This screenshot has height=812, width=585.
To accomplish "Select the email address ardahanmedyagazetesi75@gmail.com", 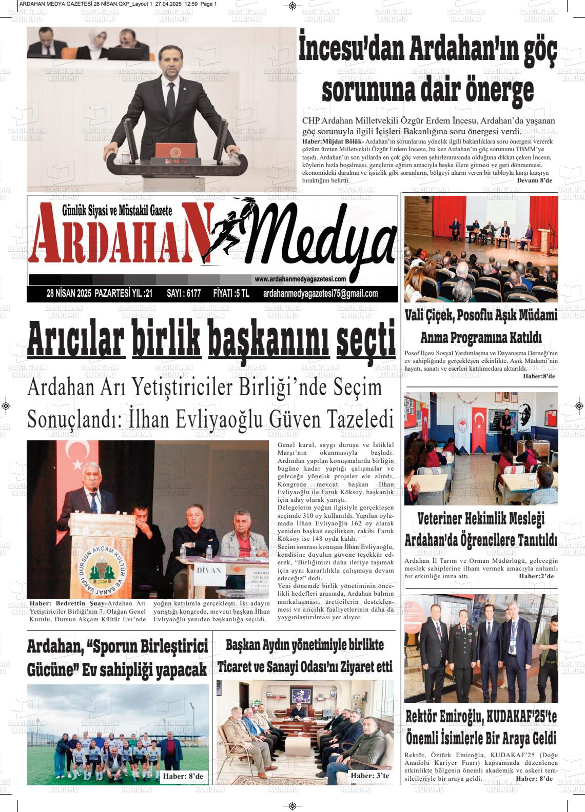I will pos(320,294).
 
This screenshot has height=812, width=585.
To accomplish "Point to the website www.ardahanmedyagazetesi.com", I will pos(300,279).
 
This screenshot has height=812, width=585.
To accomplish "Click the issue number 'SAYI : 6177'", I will pos(184,294).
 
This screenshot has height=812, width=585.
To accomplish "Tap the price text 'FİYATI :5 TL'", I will pos(231,294).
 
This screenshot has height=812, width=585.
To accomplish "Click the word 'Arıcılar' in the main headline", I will pos(76,339).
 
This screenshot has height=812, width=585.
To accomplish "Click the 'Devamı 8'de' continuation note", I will pos(534,181).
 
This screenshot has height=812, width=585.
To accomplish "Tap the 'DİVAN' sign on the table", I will pos(209,570).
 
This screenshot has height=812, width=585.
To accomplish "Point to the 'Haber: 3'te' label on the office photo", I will pos(369,776).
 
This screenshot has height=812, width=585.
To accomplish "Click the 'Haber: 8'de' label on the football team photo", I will pos(183,777).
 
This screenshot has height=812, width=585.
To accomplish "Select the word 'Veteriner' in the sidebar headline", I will pos(446,518).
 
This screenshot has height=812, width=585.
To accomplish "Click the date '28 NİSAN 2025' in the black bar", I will pos(68,294).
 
